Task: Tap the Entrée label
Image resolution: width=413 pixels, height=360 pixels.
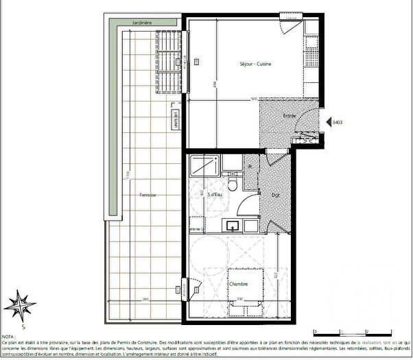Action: click(290, 116)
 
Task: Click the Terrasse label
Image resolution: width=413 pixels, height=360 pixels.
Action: click(146, 195)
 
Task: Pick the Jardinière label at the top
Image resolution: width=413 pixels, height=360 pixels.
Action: click(142, 23)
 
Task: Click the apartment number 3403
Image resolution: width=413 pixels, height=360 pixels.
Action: click(337, 123)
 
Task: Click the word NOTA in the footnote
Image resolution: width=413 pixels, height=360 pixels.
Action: click(9, 337)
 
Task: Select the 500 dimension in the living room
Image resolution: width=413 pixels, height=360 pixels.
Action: click(253, 99)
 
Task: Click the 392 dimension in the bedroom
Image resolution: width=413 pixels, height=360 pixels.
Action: click(239, 298)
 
